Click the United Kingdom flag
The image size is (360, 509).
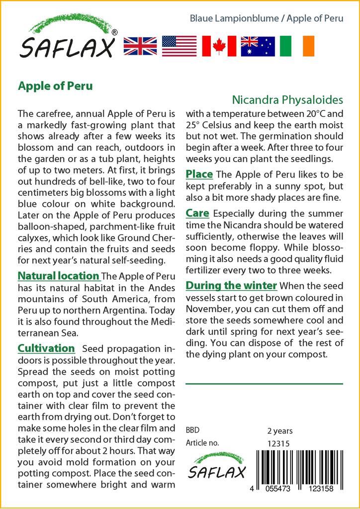(x=140, y=46)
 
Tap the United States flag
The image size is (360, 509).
(x=179, y=46)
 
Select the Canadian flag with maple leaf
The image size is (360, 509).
(x=218, y=46)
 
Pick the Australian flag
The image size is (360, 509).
(x=258, y=46)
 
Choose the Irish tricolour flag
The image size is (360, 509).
(x=297, y=46)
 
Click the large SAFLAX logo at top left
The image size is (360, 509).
(x=67, y=39)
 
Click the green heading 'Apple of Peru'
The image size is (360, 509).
(x=55, y=85)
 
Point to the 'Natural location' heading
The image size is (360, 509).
(x=59, y=276)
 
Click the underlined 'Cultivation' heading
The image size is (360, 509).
(x=46, y=348)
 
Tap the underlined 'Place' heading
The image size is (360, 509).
(x=199, y=174)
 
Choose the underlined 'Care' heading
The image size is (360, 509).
(x=197, y=213)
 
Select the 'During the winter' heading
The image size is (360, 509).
(x=231, y=285)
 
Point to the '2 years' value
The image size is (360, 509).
(x=280, y=431)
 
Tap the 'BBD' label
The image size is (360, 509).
(x=192, y=430)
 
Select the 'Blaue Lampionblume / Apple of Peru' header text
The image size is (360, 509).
(x=267, y=19)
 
